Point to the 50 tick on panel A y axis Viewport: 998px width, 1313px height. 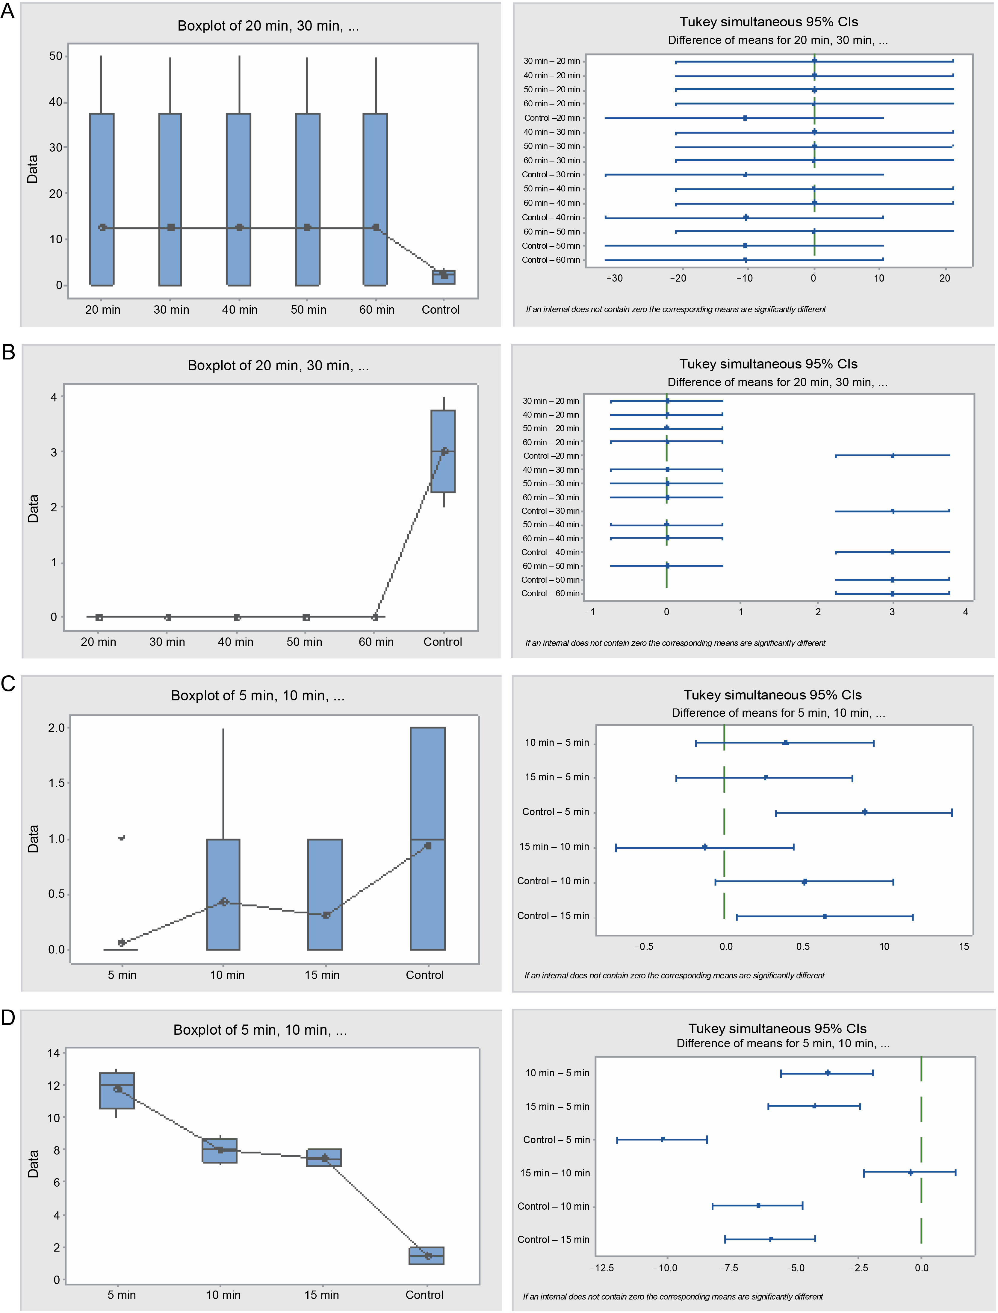56,56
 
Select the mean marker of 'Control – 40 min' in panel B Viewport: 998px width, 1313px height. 892,552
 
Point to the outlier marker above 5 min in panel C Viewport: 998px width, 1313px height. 122,838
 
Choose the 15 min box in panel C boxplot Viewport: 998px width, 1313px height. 325,894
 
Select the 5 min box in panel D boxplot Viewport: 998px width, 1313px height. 117,1090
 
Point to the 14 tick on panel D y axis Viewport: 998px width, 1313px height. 53,1053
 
